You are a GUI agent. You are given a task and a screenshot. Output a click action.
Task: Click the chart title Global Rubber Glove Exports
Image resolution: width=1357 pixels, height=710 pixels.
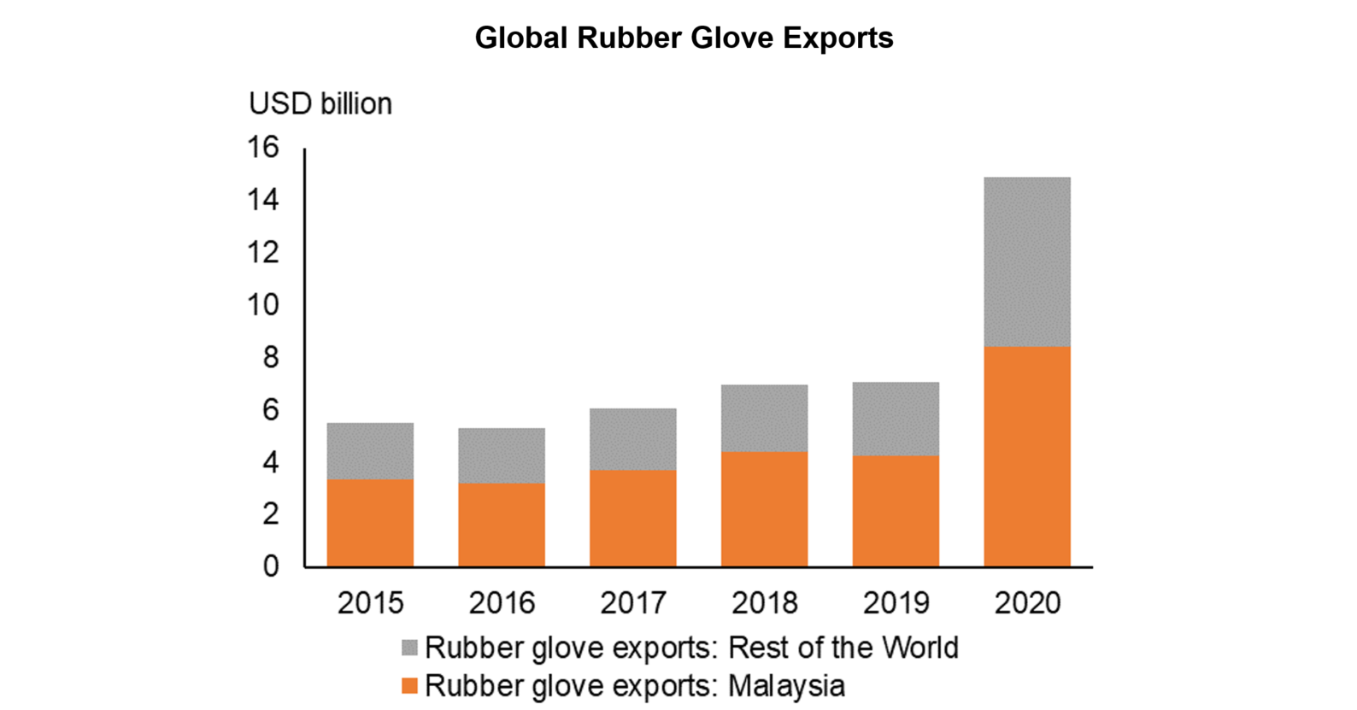(x=684, y=38)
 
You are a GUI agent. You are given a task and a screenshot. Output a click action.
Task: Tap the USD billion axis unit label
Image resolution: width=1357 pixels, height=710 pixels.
(x=320, y=103)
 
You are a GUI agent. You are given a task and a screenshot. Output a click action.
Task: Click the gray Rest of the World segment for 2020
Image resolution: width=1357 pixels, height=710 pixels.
(x=1026, y=261)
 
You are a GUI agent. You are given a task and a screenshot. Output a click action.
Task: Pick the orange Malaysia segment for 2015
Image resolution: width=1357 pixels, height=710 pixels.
(x=370, y=522)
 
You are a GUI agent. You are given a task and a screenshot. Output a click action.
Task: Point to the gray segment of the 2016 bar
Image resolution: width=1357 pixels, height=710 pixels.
(x=502, y=455)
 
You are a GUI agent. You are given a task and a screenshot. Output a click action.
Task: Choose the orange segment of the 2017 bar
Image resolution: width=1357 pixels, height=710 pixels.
(x=632, y=518)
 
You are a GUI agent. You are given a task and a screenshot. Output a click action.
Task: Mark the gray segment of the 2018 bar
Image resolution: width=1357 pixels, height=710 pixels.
(x=764, y=418)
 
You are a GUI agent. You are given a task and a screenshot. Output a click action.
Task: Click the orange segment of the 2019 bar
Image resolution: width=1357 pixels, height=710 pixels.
(x=896, y=510)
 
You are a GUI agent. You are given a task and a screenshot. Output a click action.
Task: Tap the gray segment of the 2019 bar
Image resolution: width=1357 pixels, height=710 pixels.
(x=896, y=419)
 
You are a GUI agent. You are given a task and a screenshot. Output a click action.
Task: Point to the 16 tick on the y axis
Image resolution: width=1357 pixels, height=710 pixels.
(x=263, y=148)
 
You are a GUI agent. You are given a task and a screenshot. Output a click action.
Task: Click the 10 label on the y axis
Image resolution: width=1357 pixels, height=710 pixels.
(x=263, y=305)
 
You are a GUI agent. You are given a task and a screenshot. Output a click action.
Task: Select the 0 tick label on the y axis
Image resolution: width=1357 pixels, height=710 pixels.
(x=271, y=566)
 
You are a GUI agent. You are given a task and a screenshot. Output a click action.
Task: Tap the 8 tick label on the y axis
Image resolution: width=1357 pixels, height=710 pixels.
(x=271, y=357)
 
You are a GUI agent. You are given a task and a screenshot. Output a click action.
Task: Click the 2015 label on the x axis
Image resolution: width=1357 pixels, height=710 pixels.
(x=370, y=603)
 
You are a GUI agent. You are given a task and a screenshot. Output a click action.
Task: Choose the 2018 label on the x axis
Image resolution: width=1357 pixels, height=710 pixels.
(x=764, y=603)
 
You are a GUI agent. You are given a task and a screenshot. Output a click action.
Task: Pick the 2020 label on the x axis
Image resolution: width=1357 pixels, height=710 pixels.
(x=1026, y=603)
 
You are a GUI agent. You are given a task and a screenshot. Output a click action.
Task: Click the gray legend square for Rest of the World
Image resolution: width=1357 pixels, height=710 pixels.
(x=409, y=648)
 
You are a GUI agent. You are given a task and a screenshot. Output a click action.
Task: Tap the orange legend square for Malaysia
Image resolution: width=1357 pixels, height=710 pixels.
(x=409, y=685)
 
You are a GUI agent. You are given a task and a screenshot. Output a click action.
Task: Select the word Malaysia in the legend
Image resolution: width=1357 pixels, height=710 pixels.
(x=786, y=685)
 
